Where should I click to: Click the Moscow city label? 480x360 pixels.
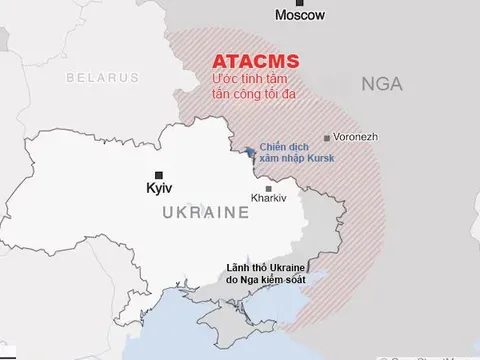[x=301, y=16]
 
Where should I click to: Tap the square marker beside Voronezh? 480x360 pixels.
[x=327, y=139]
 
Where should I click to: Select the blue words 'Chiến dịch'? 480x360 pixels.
[x=281, y=146]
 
